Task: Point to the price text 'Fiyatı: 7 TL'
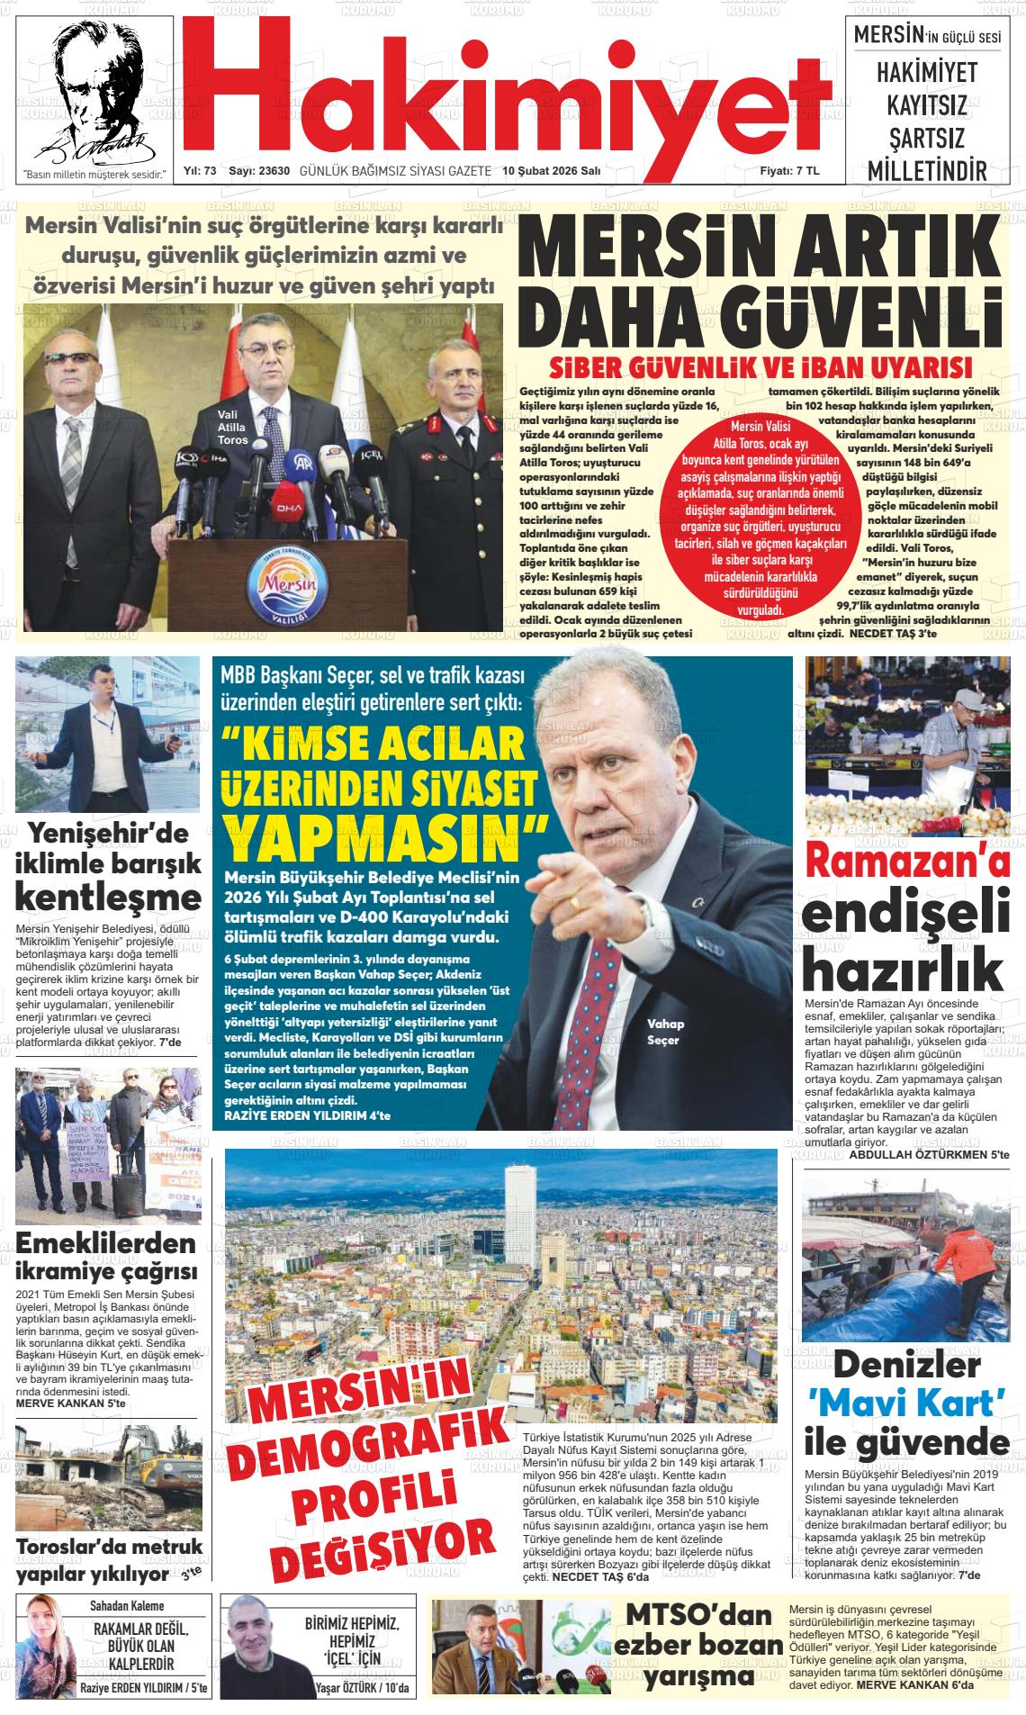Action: point(789,170)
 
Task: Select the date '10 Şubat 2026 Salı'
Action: point(551,170)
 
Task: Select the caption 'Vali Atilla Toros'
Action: point(232,427)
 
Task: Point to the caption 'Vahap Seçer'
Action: point(665,1032)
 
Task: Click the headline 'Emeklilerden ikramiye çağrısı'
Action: point(106,1258)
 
